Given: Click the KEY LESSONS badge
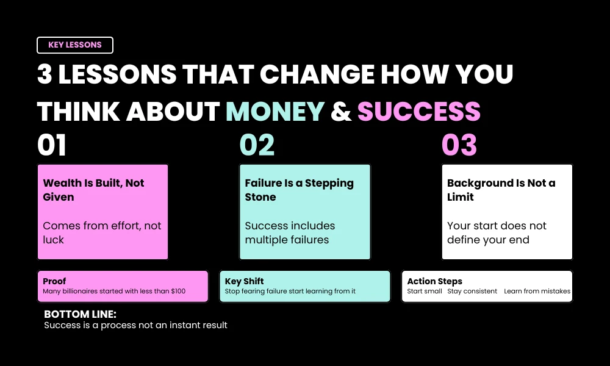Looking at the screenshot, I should (75, 45).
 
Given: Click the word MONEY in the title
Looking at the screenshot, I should (275, 112).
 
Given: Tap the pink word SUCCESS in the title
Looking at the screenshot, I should (419, 112).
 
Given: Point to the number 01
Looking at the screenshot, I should (52, 146).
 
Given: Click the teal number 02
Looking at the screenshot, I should (257, 146).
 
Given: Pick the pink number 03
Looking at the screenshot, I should (459, 146).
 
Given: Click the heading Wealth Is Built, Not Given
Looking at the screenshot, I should (93, 190).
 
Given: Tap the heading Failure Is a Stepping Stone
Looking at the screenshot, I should (299, 190).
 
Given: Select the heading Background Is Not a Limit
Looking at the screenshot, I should (501, 190).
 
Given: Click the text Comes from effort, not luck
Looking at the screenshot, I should (102, 232).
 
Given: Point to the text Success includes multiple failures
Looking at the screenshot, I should (290, 232).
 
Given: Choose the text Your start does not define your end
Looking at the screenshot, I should (497, 232).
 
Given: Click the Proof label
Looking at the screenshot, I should (54, 281).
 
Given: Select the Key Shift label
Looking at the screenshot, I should (244, 281).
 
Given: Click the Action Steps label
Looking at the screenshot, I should (434, 281).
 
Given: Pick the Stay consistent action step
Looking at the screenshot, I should (473, 292).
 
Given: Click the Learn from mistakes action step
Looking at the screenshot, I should (537, 292).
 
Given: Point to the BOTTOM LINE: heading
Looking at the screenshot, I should (80, 314).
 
